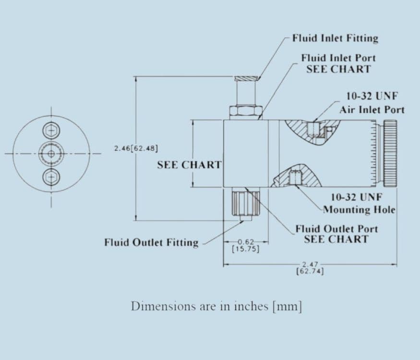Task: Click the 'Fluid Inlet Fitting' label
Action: tap(335, 38)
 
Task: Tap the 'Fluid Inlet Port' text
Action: tap(338, 58)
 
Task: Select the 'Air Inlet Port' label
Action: tap(372, 110)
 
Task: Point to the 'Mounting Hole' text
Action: tap(359, 209)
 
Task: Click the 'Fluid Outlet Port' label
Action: tap(336, 229)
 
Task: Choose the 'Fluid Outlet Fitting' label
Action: tap(151, 242)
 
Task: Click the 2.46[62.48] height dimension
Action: tap(136, 148)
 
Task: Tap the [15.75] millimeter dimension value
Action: tap(246, 249)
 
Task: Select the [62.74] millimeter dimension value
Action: tap(310, 271)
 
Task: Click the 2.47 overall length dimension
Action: tap(310, 265)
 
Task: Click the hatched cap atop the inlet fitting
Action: tap(246, 79)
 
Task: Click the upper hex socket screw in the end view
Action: tap(51, 131)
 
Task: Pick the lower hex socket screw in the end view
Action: tap(51, 177)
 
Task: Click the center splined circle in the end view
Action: tap(51, 154)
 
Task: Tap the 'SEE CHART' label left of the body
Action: tap(190, 165)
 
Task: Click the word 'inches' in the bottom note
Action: tap(251, 306)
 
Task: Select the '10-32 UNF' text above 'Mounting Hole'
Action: tap(356, 197)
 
